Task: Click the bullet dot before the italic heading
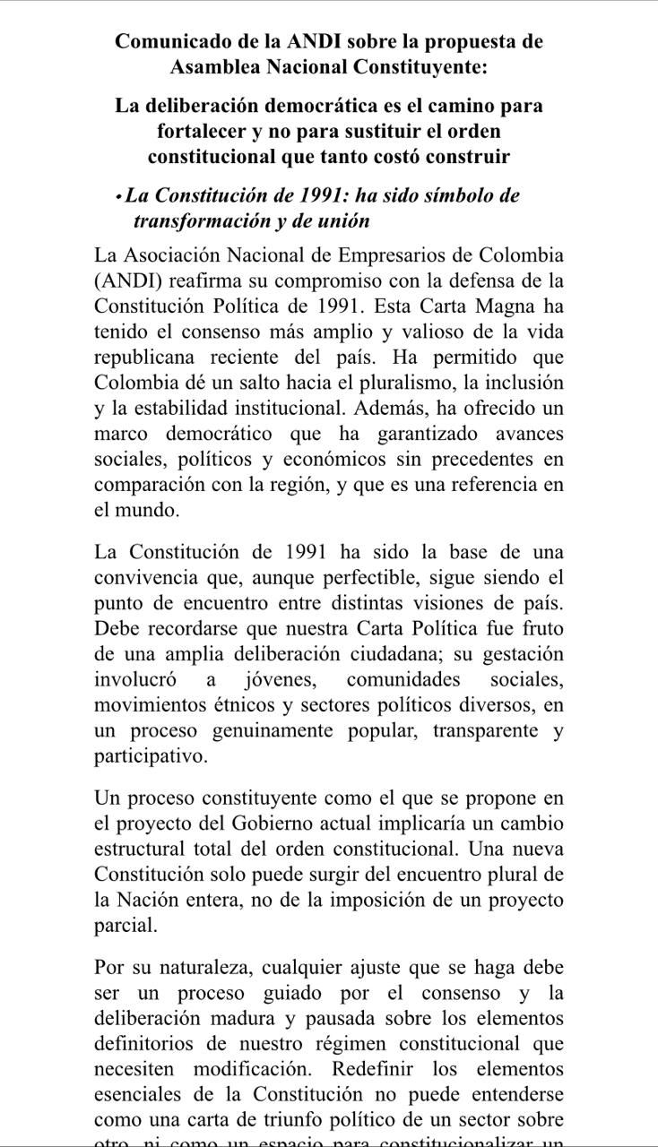118,195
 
